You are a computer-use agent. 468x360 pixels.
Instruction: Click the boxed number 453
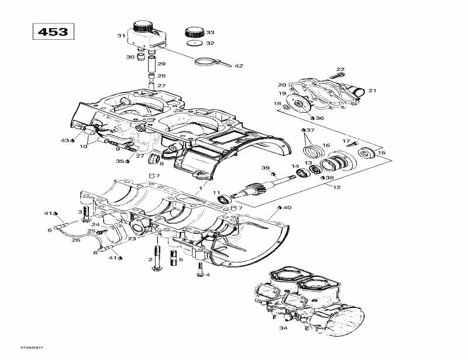point(53,31)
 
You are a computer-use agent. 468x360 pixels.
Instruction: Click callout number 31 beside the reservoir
point(121,36)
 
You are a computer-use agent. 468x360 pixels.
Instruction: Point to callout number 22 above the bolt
point(340,70)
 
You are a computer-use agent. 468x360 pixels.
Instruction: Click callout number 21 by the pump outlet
point(372,91)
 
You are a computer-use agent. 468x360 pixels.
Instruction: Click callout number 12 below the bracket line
point(336,187)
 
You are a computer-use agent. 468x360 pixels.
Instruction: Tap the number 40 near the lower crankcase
point(288,207)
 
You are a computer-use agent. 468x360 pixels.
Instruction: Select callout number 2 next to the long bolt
point(150,259)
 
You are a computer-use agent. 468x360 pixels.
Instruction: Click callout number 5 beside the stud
point(181,259)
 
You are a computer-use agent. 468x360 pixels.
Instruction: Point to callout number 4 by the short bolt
point(207,274)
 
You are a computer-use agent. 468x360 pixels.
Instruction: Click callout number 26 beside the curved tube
point(76,240)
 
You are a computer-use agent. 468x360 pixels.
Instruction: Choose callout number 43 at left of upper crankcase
point(64,140)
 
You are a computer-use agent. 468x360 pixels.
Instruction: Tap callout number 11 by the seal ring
point(216,193)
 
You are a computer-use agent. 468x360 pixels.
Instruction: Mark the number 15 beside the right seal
point(383,153)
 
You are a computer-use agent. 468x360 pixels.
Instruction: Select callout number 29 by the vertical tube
point(161,64)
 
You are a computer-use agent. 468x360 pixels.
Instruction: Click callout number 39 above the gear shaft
point(265,168)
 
